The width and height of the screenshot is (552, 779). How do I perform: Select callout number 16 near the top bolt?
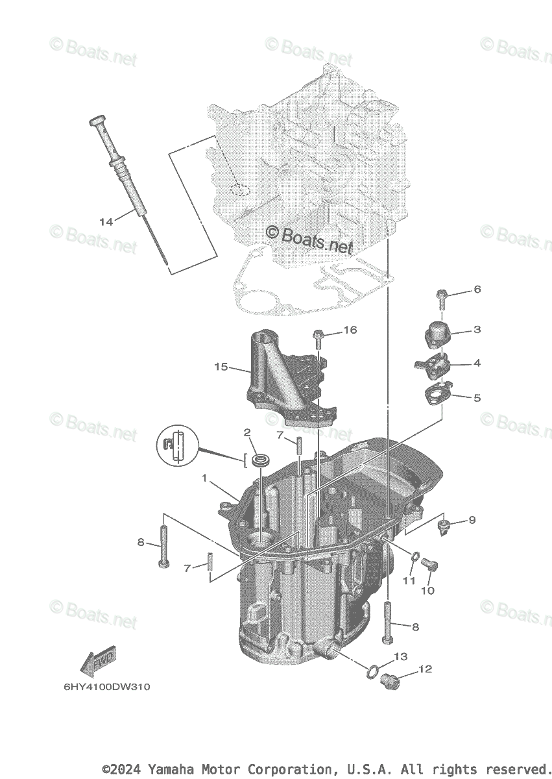pos(350,330)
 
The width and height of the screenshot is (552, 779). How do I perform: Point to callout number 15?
pos(221,367)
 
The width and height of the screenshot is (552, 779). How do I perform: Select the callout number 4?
pos(477,363)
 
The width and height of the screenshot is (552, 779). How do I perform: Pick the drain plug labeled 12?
pos(390,681)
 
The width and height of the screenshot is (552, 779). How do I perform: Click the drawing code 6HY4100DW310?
pos(106,687)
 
